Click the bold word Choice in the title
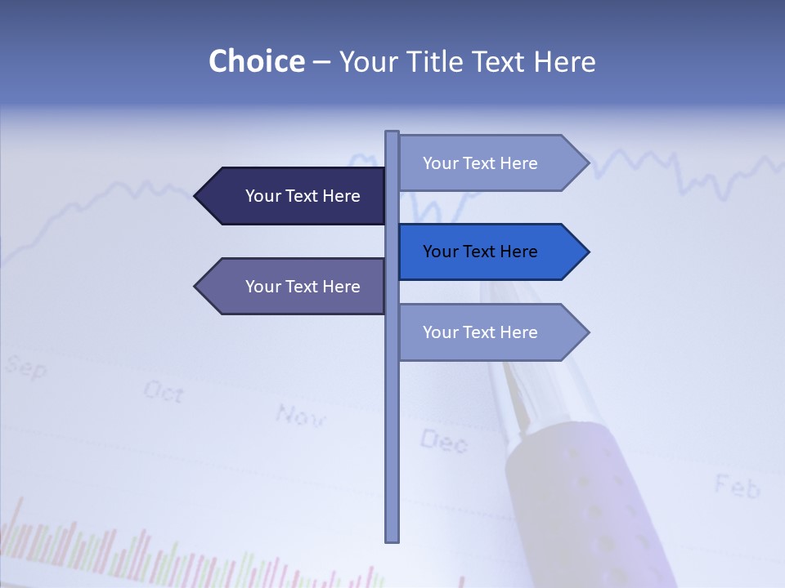click(x=256, y=62)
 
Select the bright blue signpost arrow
click(x=491, y=252)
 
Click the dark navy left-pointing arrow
click(x=294, y=196)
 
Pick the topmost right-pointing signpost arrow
click(x=491, y=163)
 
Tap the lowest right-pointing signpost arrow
click(x=491, y=332)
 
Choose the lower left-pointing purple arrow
click(x=294, y=287)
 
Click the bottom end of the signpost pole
click(x=392, y=538)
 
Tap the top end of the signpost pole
click(x=392, y=134)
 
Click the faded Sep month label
click(x=25, y=367)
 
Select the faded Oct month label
click(x=164, y=392)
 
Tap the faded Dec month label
click(x=444, y=442)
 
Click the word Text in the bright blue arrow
click(x=480, y=252)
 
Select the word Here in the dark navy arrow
click(x=341, y=196)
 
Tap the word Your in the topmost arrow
click(x=440, y=163)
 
